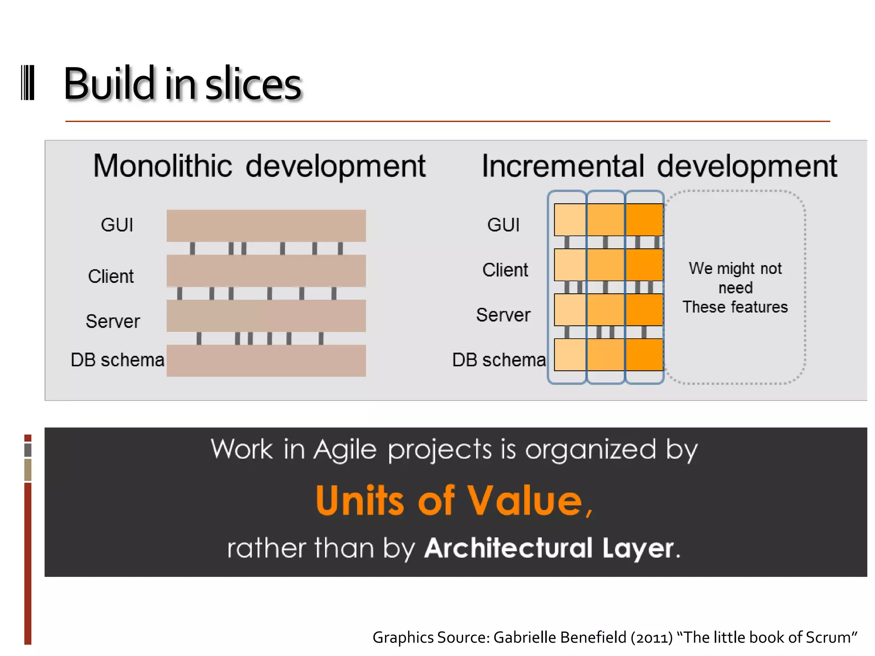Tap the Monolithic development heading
click(x=259, y=166)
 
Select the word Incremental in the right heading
click(x=562, y=166)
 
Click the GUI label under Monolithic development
click(x=117, y=225)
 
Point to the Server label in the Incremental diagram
click(x=503, y=315)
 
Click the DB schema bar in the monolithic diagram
click(x=266, y=360)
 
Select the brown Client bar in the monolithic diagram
click(x=266, y=271)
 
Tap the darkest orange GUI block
click(x=644, y=220)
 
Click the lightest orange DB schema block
click(x=570, y=354)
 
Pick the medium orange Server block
click(x=606, y=310)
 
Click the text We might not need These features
click(x=735, y=287)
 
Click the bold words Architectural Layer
click(x=549, y=548)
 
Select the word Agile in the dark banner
click(x=344, y=450)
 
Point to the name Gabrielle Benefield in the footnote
click(x=560, y=637)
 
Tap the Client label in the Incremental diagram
click(x=505, y=270)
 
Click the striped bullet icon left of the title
click(x=28, y=83)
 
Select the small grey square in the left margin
click(x=28, y=450)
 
